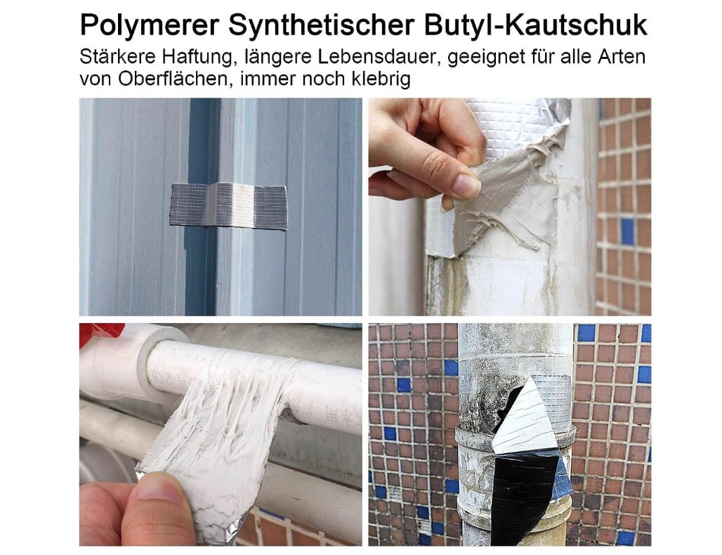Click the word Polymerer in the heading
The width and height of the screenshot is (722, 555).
[x=150, y=25]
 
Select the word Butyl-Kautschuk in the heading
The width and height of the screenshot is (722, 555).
[x=535, y=25]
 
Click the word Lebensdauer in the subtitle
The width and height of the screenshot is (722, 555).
[x=374, y=57]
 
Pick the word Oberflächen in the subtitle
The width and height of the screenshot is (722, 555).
[x=173, y=79]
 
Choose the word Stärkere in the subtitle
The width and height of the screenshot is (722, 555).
[x=117, y=57]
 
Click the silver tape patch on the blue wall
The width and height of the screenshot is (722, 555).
[x=228, y=205]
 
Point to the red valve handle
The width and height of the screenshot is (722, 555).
[x=101, y=332]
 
